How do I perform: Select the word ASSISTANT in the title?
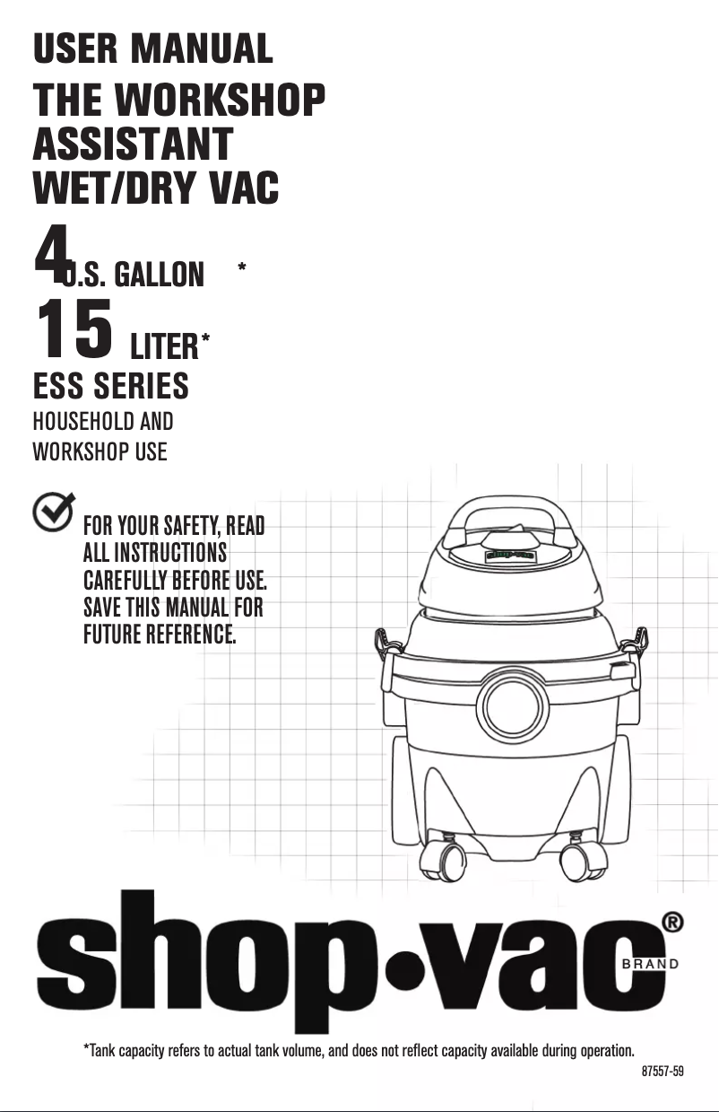[x=133, y=144]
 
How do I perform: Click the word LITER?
[x=164, y=345]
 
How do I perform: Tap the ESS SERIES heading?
[x=110, y=387]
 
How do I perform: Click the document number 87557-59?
[x=663, y=1072]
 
